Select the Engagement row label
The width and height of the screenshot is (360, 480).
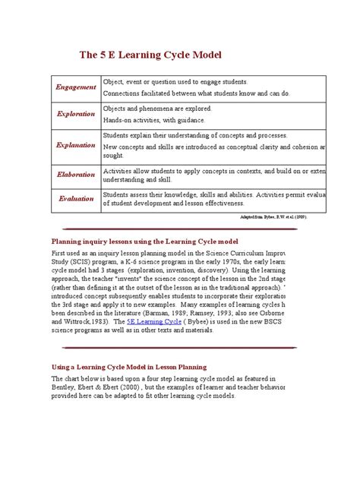click(x=76, y=87)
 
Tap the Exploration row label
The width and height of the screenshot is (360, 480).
click(x=76, y=114)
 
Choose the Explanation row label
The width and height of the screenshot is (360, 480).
click(x=76, y=144)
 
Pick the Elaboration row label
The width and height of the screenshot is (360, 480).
click(x=76, y=175)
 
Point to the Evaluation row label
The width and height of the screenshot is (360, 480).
click(x=76, y=198)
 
